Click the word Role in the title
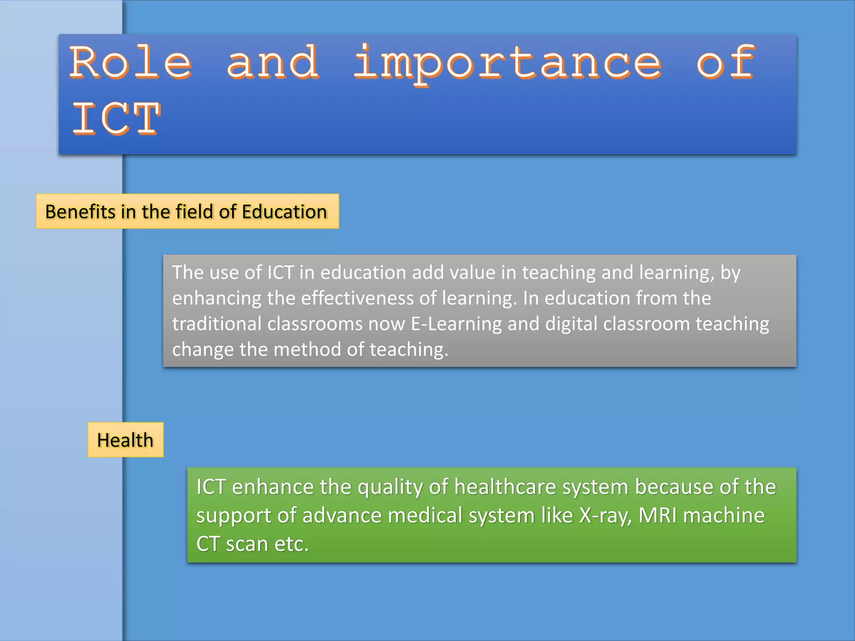tap(130, 63)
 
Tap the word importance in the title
tap(507, 63)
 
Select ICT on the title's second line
tap(116, 119)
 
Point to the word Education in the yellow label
tap(284, 212)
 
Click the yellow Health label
tap(125, 440)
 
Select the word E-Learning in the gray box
tap(456, 324)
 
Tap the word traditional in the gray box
tap(217, 324)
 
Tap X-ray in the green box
tap(605, 516)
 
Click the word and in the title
tap(272, 63)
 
